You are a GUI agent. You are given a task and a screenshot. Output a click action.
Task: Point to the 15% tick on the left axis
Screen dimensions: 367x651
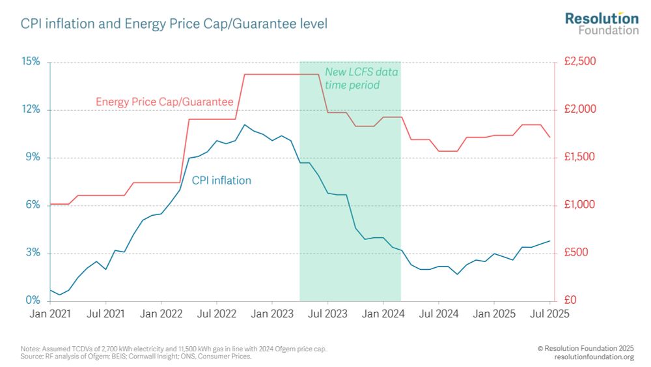[31, 62]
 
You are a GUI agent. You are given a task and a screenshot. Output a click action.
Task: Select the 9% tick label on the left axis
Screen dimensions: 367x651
[33, 157]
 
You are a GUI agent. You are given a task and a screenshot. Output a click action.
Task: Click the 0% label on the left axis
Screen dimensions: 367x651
[33, 301]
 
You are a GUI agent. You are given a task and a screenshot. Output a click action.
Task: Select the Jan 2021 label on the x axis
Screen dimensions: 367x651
[50, 314]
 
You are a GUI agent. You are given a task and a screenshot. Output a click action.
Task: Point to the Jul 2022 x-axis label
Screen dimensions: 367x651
[216, 314]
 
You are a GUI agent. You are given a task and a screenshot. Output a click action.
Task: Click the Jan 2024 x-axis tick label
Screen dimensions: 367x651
[383, 314]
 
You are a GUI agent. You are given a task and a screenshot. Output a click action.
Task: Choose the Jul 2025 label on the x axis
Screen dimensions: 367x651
[550, 314]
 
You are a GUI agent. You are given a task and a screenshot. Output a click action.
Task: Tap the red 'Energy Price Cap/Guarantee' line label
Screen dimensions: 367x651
[164, 102]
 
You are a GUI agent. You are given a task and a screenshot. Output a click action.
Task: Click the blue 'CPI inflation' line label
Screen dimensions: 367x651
[221, 181]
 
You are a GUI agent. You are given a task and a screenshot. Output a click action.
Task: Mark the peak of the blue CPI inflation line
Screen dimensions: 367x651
[244, 125]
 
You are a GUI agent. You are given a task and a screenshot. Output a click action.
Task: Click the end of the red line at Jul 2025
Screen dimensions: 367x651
[550, 137]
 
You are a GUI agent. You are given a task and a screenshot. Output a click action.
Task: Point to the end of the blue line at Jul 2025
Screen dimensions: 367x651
[550, 241]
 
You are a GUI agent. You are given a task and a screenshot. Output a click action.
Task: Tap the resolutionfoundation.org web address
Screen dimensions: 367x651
[594, 357]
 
